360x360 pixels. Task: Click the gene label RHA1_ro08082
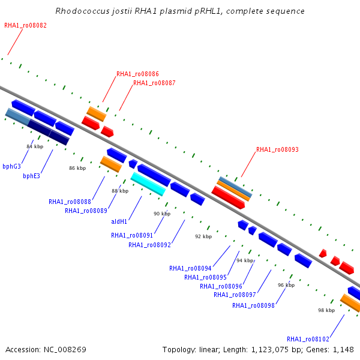[x=25, y=25]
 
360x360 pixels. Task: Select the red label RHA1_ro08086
[x=137, y=74]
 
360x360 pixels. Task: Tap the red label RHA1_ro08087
[x=154, y=83]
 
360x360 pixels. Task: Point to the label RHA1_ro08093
[x=277, y=149]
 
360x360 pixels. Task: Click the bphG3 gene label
[x=12, y=166]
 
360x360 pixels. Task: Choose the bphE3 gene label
[x=31, y=176]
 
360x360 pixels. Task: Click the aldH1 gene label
[x=119, y=221]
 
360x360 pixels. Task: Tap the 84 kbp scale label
[x=35, y=146]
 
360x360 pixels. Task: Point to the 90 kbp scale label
[x=162, y=214]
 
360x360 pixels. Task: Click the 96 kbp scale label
[x=286, y=285]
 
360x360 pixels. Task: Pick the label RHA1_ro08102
[x=308, y=339]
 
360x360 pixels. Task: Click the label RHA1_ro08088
[x=70, y=202]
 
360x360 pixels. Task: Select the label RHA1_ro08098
[x=253, y=305]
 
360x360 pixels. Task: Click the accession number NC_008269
[x=65, y=350]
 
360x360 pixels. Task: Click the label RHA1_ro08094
[x=190, y=268]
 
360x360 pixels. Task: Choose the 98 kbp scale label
[x=326, y=310]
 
